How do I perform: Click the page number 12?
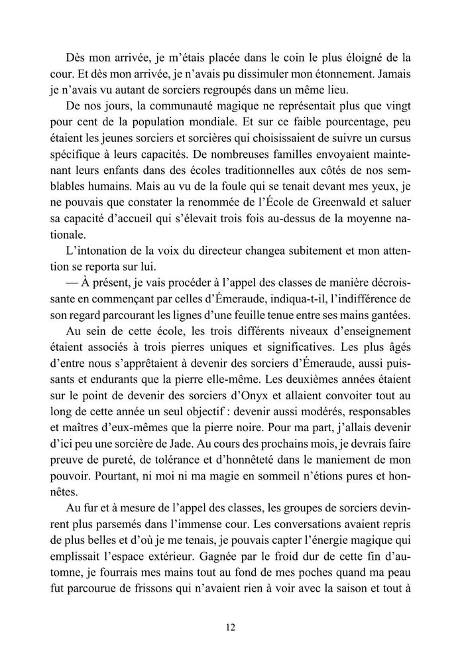point(231,625)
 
